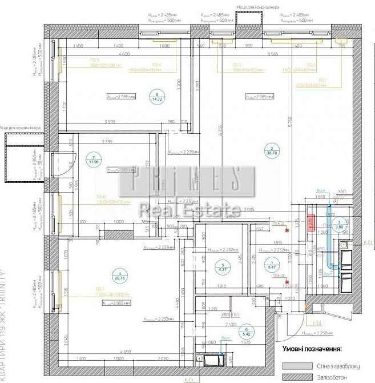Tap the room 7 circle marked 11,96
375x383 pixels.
point(91,158)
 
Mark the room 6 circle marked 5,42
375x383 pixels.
point(247,330)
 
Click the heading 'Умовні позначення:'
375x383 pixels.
point(311,348)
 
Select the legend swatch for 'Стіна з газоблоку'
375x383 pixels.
point(296,365)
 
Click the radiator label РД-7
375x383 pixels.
point(100,289)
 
